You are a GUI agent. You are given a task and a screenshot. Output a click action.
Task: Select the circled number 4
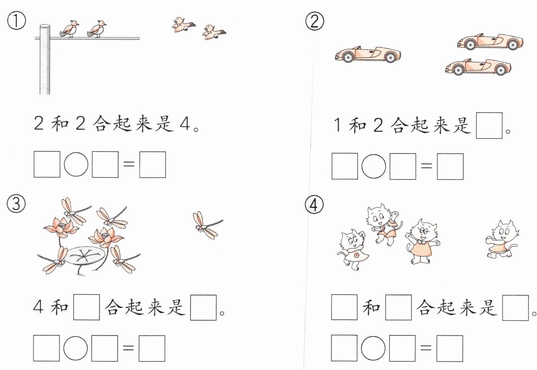[314, 205]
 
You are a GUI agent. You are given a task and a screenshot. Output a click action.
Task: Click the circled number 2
[315, 21]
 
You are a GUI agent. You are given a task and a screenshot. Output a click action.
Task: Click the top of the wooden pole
[45, 26]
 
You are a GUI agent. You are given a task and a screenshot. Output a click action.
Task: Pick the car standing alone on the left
[368, 55]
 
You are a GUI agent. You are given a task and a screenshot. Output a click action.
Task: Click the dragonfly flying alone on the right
[207, 225]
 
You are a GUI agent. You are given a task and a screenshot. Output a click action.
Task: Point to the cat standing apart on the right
[502, 239]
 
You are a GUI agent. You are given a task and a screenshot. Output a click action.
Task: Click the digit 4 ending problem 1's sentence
[185, 124]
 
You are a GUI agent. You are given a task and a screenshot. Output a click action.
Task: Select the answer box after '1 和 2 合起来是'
[489, 126]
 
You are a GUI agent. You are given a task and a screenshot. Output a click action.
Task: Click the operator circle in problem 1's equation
[76, 165]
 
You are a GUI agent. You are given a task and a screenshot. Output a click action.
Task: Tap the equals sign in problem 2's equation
[426, 166]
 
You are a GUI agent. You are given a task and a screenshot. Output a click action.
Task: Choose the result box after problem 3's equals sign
[152, 348]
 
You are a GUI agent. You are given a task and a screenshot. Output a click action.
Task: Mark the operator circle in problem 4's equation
[373, 348]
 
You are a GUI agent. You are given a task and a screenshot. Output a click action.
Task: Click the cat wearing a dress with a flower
[353, 250]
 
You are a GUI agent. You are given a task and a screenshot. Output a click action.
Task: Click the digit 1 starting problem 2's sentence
[338, 125]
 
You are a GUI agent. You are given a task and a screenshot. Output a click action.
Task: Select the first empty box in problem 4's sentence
[344, 307]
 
